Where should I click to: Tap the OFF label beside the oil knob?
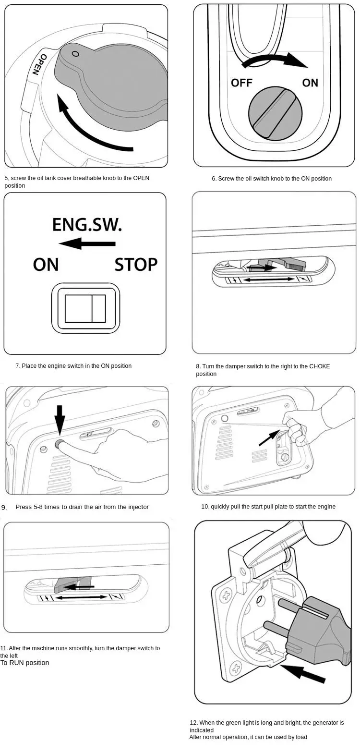[241, 83]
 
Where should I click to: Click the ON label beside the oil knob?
[310, 83]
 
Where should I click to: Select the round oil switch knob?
[276, 114]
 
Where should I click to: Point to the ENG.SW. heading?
[87, 225]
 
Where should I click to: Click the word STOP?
[136, 265]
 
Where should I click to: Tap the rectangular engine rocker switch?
[85, 308]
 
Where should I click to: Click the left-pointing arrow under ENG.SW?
[86, 243]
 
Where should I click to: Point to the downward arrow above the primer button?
[60, 419]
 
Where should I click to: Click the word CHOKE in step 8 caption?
[319, 366]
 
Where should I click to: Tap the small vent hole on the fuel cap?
[74, 54]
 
